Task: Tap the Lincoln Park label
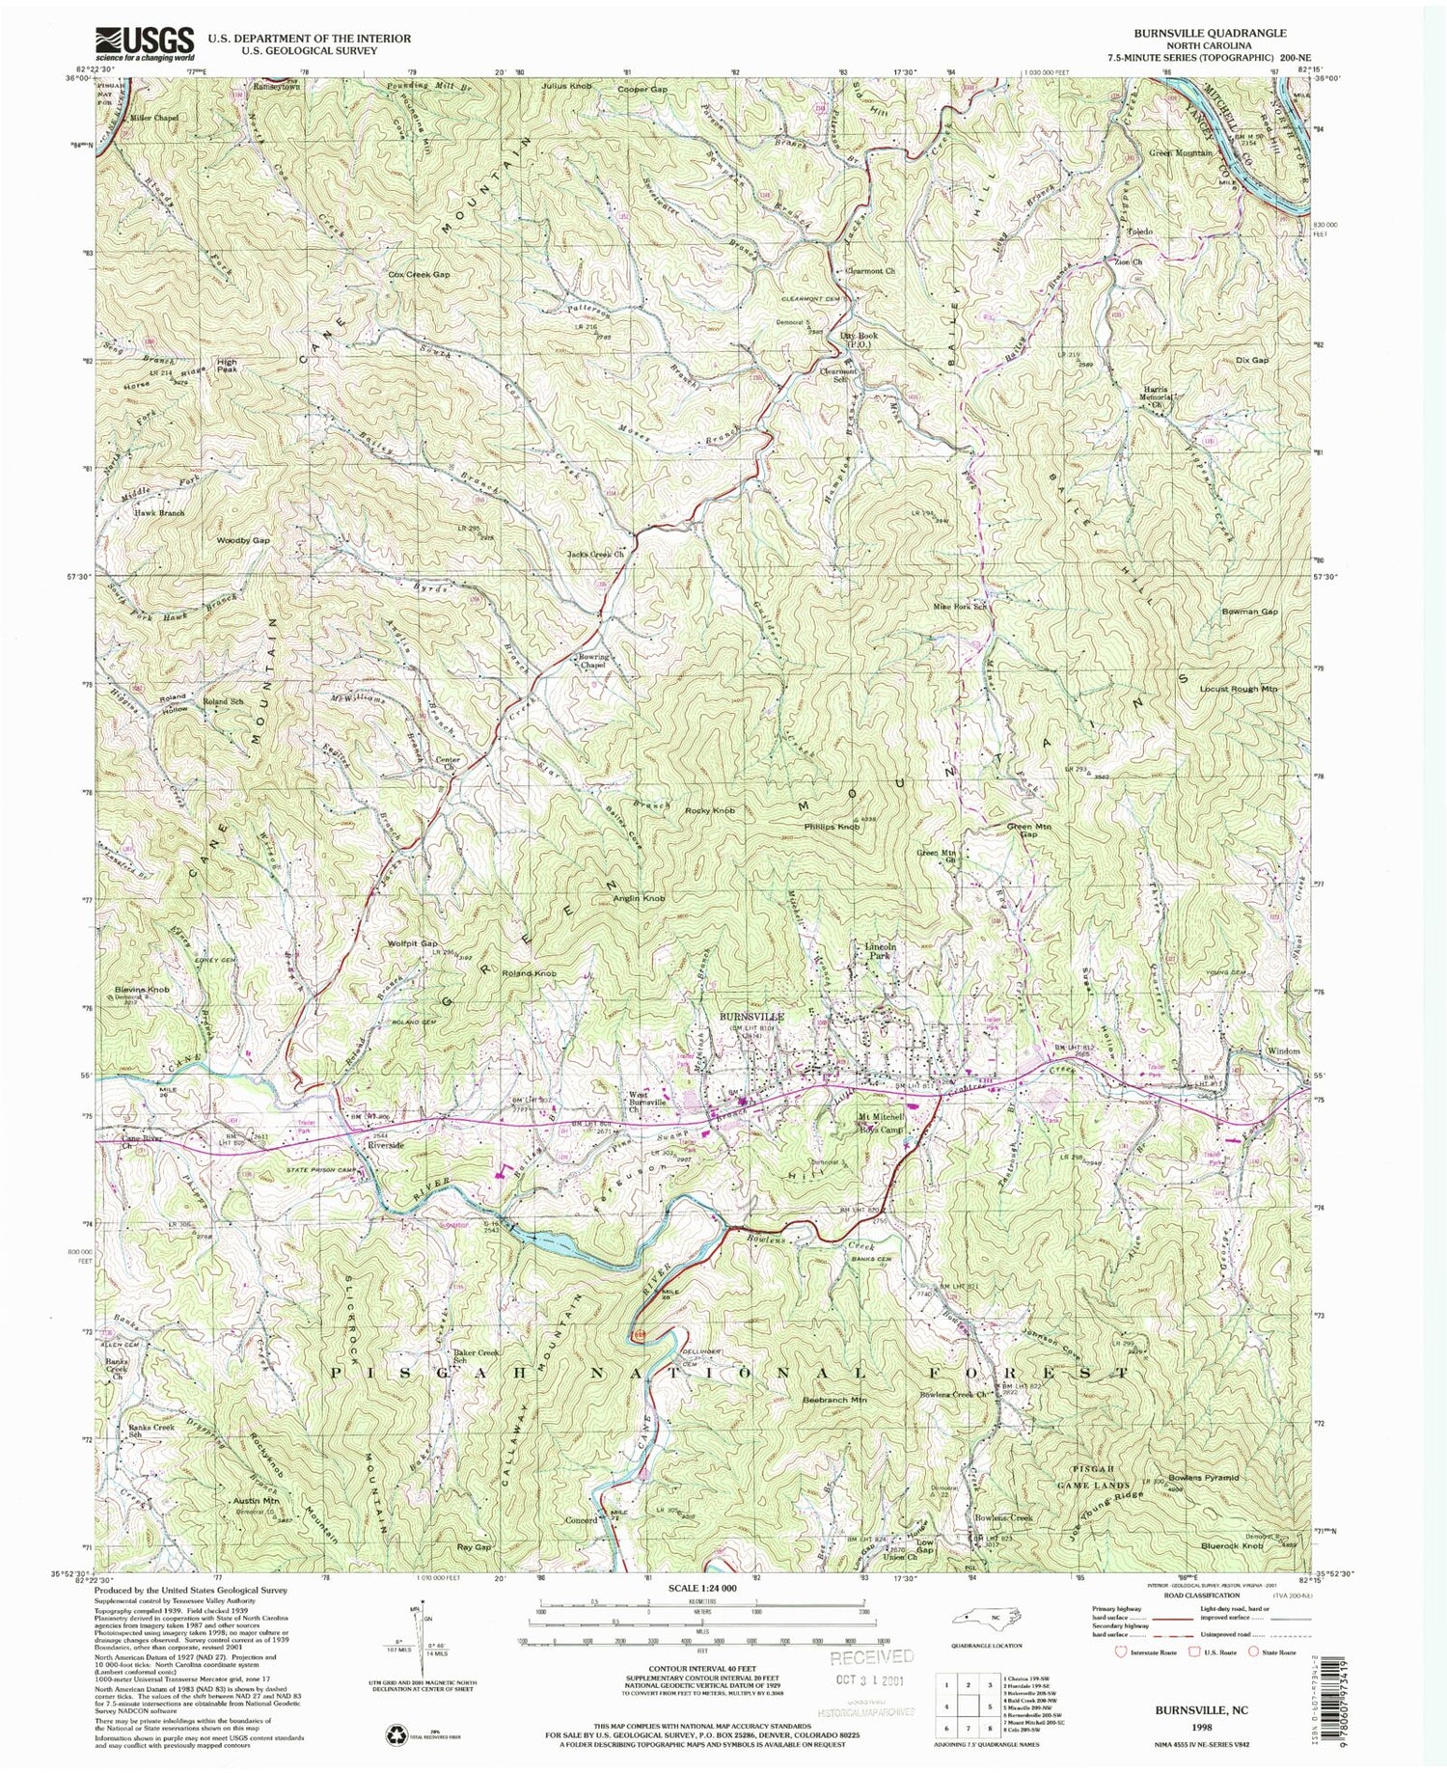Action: (881, 952)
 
